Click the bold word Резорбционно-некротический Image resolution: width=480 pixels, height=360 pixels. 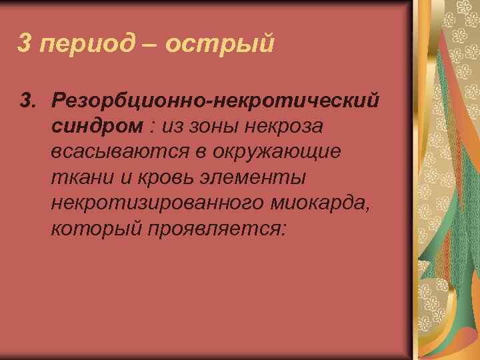(x=219, y=101)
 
